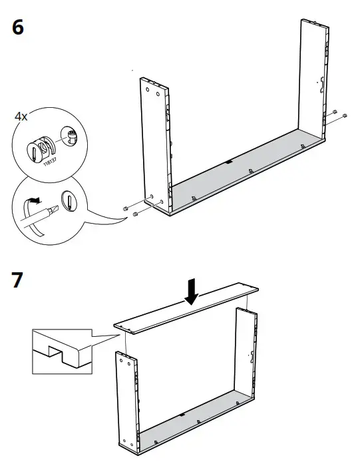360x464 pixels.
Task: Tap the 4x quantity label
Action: pos(21,116)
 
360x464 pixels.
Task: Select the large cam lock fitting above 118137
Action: pos(40,146)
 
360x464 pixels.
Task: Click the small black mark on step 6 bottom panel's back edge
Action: pos(228,161)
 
